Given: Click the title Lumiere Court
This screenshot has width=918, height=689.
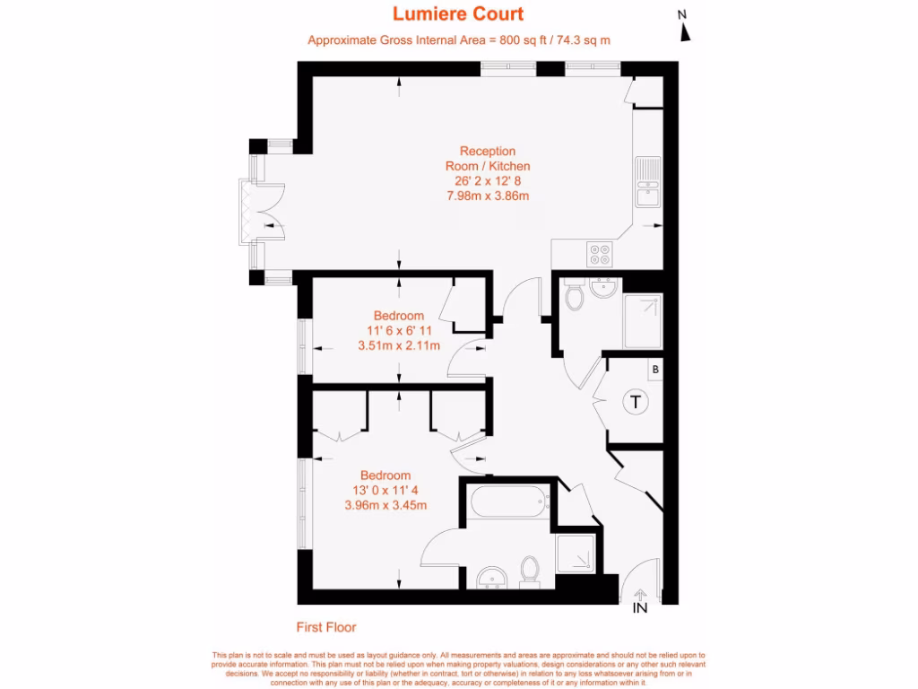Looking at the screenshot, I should tap(458, 14).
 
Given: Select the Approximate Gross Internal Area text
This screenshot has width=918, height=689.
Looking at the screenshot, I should tap(459, 40).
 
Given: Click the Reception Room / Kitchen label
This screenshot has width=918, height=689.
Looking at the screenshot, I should tap(488, 159).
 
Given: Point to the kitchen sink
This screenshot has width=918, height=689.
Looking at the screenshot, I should tap(646, 180).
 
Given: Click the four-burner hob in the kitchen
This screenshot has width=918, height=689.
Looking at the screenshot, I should tap(599, 255).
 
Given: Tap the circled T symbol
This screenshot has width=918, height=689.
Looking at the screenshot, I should tap(636, 402).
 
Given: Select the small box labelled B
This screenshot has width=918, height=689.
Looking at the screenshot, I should tap(655, 369).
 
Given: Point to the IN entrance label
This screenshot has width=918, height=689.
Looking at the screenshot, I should tap(640, 607).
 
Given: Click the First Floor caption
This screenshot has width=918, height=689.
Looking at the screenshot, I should tap(326, 627).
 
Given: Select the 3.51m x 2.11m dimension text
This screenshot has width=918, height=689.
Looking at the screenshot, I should tap(399, 345).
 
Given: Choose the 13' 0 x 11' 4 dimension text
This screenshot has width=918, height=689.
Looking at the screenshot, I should tap(385, 491).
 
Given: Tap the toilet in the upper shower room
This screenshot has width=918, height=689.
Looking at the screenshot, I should tap(575, 297).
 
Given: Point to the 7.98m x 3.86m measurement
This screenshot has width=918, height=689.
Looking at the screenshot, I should tap(488, 196).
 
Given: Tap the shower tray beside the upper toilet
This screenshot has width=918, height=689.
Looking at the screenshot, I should tap(642, 321).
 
